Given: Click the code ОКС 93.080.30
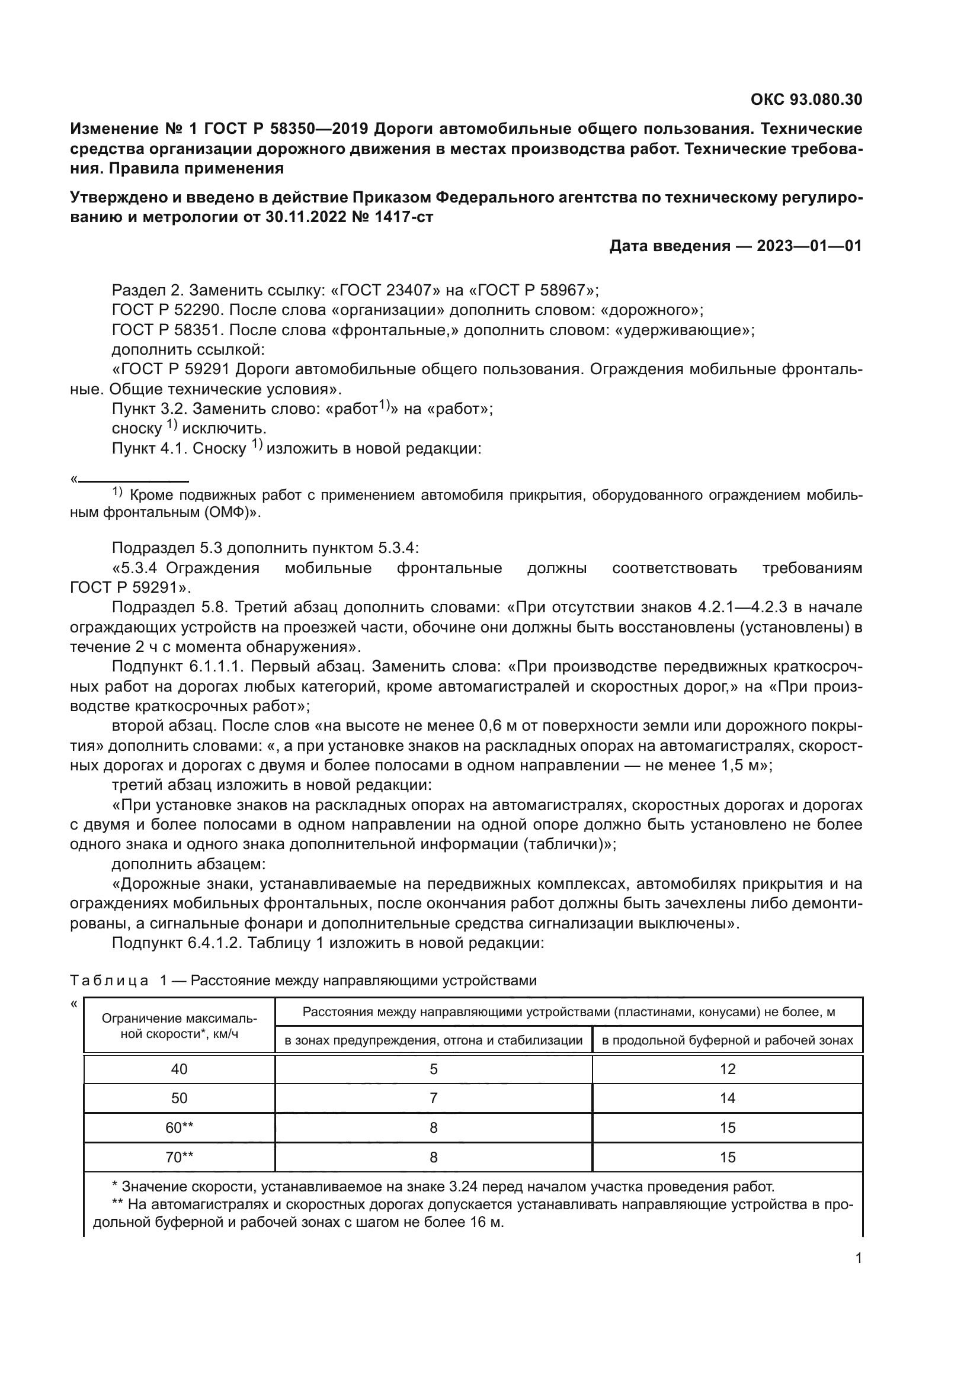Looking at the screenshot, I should (x=806, y=99).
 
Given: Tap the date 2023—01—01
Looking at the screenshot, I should (x=809, y=246).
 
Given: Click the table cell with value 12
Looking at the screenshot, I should (x=727, y=1069).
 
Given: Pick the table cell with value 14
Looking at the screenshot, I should (x=727, y=1098).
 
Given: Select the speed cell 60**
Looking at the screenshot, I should (x=179, y=1128).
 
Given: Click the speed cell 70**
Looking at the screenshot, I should (x=179, y=1157).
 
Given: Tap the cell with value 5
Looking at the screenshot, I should (x=433, y=1069).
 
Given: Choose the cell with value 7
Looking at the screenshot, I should (x=433, y=1098).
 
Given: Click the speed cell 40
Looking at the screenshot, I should (x=179, y=1069).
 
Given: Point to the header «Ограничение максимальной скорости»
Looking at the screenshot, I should (x=179, y=1026).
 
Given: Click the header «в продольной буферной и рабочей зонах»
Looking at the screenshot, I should (x=727, y=1040).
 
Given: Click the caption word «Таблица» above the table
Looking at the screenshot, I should (x=109, y=981).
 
